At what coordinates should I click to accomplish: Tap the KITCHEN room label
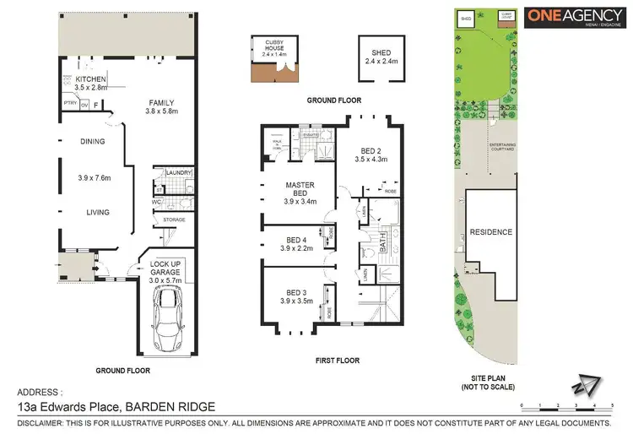click(x=90, y=79)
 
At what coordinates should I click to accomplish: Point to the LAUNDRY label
click(x=181, y=173)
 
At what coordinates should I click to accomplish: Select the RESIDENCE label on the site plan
click(x=492, y=231)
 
